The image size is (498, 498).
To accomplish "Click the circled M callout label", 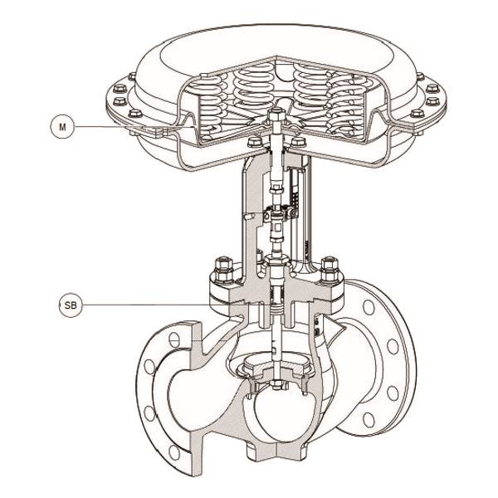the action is coord(62,127).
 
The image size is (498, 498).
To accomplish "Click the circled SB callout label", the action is coord(71,305).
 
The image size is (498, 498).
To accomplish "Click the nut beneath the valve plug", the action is coord(276,385).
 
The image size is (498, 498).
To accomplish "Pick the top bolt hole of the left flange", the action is coord(174,340).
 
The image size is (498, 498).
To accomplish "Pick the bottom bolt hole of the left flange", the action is coord(174,452).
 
